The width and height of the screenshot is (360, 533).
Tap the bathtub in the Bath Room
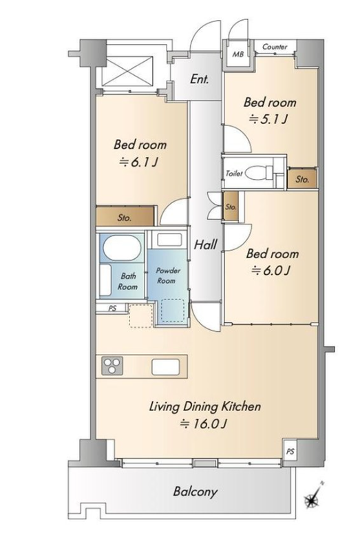(x=122, y=248)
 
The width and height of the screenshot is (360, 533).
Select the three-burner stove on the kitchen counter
(x=112, y=366)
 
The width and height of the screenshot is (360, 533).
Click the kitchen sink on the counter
(x=165, y=367)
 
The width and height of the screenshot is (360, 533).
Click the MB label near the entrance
(x=237, y=54)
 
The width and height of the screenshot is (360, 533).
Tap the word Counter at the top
(x=275, y=47)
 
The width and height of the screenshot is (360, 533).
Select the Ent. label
(x=200, y=79)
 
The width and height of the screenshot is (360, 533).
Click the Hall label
(x=206, y=244)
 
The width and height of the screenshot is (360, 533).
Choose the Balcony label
(x=195, y=492)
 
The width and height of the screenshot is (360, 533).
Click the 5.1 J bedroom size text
(x=268, y=119)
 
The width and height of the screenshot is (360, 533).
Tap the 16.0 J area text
(x=204, y=424)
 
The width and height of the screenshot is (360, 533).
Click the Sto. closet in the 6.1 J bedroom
(x=125, y=216)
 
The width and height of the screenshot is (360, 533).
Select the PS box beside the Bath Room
(x=112, y=309)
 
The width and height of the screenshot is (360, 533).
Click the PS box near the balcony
(x=290, y=452)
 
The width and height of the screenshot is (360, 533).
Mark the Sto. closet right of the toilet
(x=302, y=179)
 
